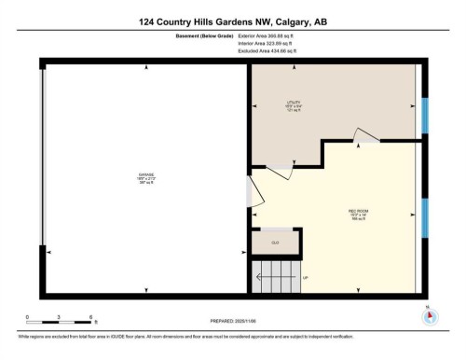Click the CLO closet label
pos(276,242)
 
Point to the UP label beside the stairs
pos(305,277)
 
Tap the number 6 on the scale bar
pos(90,318)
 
